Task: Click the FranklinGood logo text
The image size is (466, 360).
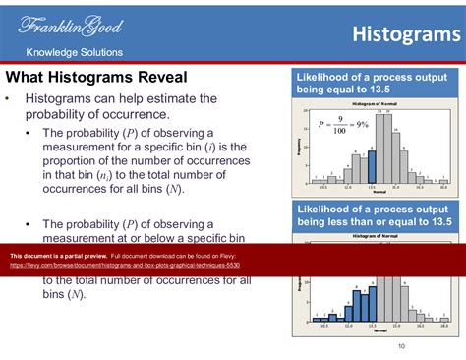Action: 69,26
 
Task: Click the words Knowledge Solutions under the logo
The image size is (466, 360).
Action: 74,52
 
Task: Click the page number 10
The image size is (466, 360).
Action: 401,346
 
